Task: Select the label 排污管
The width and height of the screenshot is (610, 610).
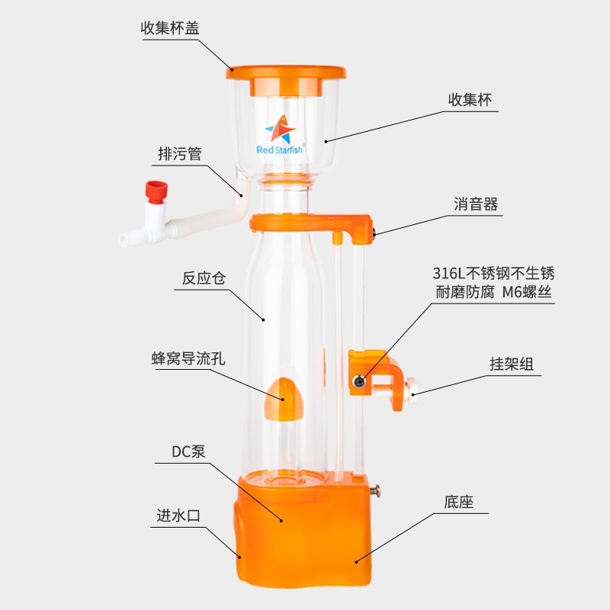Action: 179,154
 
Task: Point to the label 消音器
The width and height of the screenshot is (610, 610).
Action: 475,204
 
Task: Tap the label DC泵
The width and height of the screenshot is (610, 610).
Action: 188,451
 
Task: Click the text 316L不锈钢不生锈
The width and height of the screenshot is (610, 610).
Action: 493,273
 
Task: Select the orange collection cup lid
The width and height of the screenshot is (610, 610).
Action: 286,72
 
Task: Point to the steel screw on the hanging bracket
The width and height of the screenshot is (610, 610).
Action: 357,380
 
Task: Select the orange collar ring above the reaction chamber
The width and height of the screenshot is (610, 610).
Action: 309,222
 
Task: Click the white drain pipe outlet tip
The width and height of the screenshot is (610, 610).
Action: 123,241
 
